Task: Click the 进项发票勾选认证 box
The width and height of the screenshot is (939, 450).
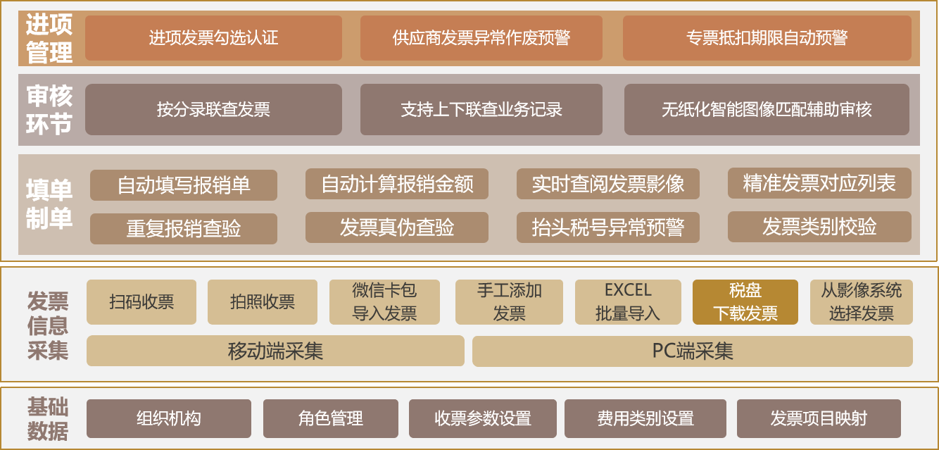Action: tap(213, 38)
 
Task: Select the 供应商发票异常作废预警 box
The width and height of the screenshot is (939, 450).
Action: tap(481, 38)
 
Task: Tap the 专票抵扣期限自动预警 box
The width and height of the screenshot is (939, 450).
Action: tap(767, 38)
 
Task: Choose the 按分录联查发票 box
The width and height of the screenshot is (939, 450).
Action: tap(213, 109)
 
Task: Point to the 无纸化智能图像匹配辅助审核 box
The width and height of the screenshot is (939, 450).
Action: tap(767, 109)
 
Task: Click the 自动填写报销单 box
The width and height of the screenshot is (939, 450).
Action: tap(184, 185)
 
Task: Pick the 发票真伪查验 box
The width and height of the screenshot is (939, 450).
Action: tap(397, 227)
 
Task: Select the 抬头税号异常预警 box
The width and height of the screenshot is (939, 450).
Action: tap(608, 227)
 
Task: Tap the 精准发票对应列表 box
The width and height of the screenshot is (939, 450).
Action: tap(819, 183)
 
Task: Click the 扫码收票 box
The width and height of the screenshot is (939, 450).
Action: tap(141, 302)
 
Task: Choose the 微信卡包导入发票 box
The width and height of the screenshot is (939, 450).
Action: tap(384, 302)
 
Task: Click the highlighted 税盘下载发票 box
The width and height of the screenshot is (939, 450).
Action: tap(745, 302)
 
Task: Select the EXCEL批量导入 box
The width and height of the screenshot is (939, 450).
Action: tap(628, 302)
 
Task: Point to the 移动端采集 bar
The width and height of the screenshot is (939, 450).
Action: tap(275, 351)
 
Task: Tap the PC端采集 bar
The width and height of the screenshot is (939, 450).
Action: tap(693, 351)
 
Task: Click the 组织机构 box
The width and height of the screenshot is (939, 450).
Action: tap(169, 418)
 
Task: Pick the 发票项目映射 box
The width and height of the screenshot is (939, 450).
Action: tap(819, 418)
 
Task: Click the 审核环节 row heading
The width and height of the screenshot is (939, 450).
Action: tap(49, 110)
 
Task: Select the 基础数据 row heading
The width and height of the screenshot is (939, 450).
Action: tap(48, 419)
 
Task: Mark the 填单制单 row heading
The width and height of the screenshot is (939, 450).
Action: tap(49, 204)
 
